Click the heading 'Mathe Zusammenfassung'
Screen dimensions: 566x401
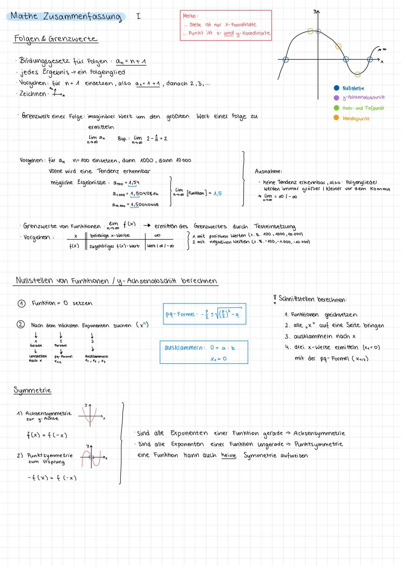point(66,16)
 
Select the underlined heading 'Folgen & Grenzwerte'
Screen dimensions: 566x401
point(56,39)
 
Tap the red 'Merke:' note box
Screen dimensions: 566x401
point(226,25)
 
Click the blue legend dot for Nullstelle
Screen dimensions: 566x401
point(336,88)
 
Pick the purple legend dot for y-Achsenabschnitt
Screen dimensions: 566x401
point(336,98)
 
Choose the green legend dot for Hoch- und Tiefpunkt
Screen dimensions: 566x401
point(336,108)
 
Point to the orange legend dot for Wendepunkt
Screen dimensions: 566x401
point(336,118)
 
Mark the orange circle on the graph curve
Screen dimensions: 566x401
point(338,46)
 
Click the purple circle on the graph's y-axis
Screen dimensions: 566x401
point(318,32)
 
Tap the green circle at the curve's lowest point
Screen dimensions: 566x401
point(358,74)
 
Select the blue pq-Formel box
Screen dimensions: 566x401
point(204,314)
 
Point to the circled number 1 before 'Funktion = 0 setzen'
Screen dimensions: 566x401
point(22,303)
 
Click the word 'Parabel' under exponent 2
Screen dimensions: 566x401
point(61,345)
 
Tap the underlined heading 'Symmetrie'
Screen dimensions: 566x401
point(32,390)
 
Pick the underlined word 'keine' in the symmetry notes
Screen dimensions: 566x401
point(228,455)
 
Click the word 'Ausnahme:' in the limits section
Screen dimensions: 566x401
point(268,171)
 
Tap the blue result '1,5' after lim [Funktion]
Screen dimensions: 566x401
point(218,193)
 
